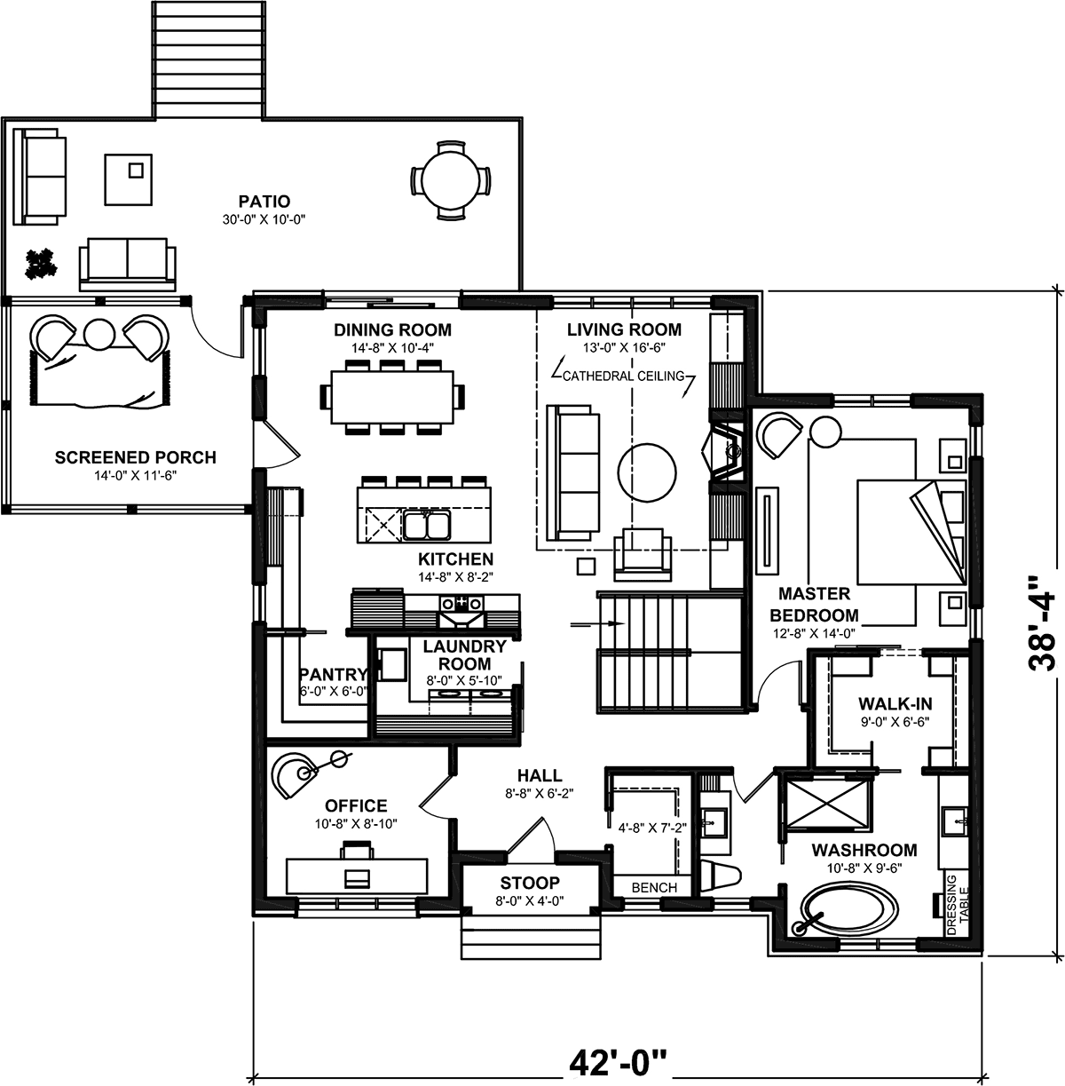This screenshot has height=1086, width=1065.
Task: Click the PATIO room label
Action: click(264, 202)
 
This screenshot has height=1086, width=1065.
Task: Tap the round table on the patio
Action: click(450, 180)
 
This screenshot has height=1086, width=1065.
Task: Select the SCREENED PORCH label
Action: click(135, 457)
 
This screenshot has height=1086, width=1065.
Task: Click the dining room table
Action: click(392, 397)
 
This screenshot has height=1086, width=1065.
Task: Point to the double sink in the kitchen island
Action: click(426, 526)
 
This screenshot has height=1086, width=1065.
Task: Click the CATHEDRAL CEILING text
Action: click(624, 376)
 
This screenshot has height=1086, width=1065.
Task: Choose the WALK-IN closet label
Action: click(895, 703)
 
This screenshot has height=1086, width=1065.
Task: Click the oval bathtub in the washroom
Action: click(849, 911)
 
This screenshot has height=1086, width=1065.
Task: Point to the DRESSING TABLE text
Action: click(958, 905)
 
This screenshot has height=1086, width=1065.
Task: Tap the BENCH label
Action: click(654, 888)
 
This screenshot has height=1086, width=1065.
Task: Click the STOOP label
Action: click(530, 882)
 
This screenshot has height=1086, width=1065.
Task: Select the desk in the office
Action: click(357, 876)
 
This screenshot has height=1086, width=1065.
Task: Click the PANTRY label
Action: click(333, 673)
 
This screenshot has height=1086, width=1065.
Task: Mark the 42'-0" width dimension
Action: click(618, 1062)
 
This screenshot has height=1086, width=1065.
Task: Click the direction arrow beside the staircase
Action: click(597, 624)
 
